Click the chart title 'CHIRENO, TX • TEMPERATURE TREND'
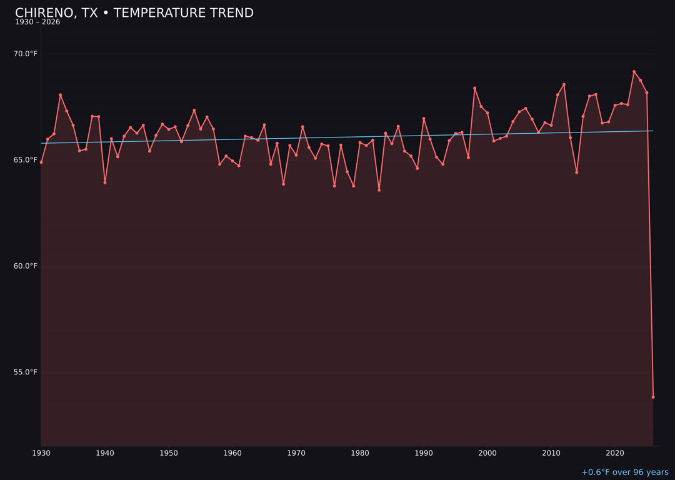click(x=134, y=13)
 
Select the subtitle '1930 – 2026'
click(x=37, y=22)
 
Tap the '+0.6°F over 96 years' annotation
click(x=624, y=472)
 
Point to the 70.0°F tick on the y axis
click(x=26, y=54)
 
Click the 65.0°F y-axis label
click(x=26, y=160)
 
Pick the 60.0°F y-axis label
click(x=26, y=266)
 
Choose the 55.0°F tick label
click(x=26, y=372)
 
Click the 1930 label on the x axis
click(x=41, y=453)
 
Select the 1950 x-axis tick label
click(x=169, y=453)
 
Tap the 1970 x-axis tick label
click(x=296, y=453)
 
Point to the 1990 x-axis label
click(x=424, y=453)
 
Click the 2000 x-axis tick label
click(x=487, y=453)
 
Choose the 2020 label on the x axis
click(x=615, y=453)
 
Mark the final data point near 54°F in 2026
click(x=653, y=397)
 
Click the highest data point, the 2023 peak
click(x=634, y=71)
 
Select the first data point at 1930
click(x=41, y=162)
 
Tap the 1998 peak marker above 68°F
click(x=474, y=88)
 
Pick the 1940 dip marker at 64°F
click(x=105, y=182)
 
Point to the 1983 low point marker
click(x=379, y=190)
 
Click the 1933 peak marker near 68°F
click(x=61, y=95)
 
